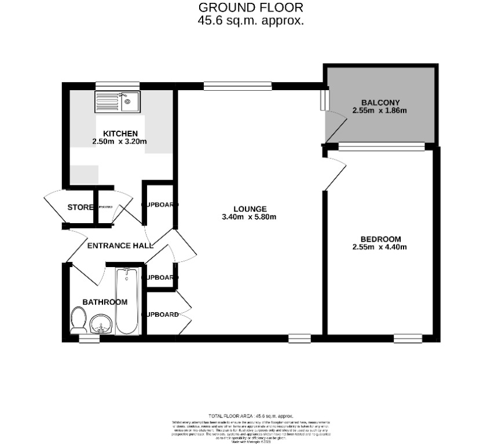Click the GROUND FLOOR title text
click(250, 8)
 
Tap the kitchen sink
click(118, 102)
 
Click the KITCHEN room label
click(120, 134)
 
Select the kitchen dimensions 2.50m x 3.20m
click(119, 142)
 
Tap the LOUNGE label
click(250, 209)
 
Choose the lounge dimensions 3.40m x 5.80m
click(249, 217)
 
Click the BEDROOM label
click(380, 239)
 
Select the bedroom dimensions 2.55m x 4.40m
click(380, 247)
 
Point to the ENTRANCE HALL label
click(120, 245)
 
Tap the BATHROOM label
click(105, 302)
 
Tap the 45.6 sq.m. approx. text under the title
click(250, 20)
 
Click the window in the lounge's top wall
click(237, 86)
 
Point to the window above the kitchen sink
click(118, 84)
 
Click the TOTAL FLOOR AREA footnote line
click(250, 416)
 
